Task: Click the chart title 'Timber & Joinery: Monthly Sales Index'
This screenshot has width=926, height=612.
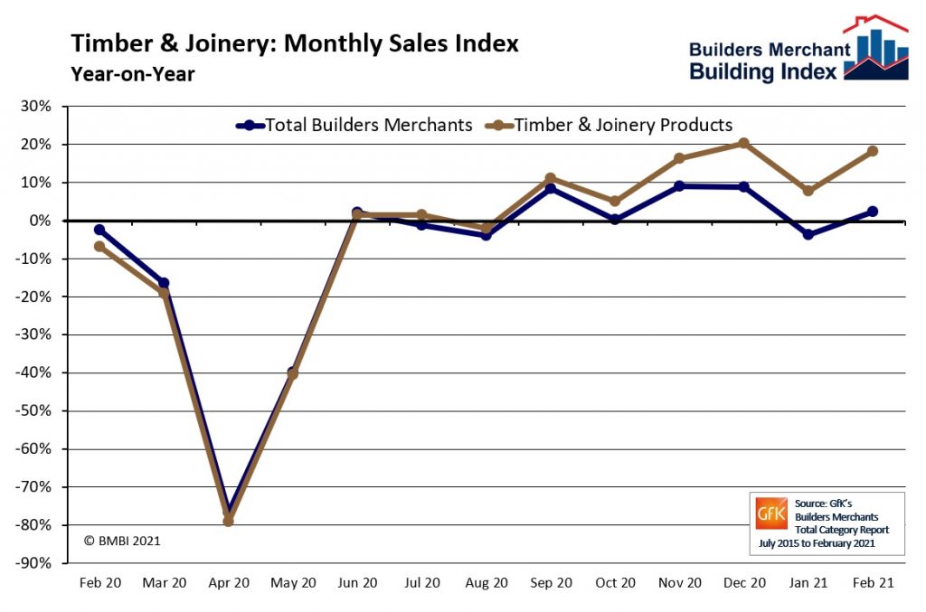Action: (x=295, y=44)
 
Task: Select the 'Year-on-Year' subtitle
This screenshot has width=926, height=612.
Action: (x=132, y=74)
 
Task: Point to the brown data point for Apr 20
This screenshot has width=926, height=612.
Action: (x=228, y=521)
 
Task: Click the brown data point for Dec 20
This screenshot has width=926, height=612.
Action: (x=743, y=143)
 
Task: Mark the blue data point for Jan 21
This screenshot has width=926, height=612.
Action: (x=808, y=234)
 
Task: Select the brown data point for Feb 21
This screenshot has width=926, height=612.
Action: (x=873, y=151)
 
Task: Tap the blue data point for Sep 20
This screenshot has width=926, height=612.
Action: (x=550, y=189)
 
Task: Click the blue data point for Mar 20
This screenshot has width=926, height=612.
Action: (x=164, y=283)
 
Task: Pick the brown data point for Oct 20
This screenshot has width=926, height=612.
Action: (x=615, y=201)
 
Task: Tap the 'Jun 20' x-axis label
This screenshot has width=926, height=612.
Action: (x=357, y=583)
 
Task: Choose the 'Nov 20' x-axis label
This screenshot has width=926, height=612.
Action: (x=679, y=583)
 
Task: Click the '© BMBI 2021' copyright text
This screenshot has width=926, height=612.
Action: (x=122, y=541)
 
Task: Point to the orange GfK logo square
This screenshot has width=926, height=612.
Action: (x=771, y=513)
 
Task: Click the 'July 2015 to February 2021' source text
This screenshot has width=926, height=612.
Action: (x=811, y=547)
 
